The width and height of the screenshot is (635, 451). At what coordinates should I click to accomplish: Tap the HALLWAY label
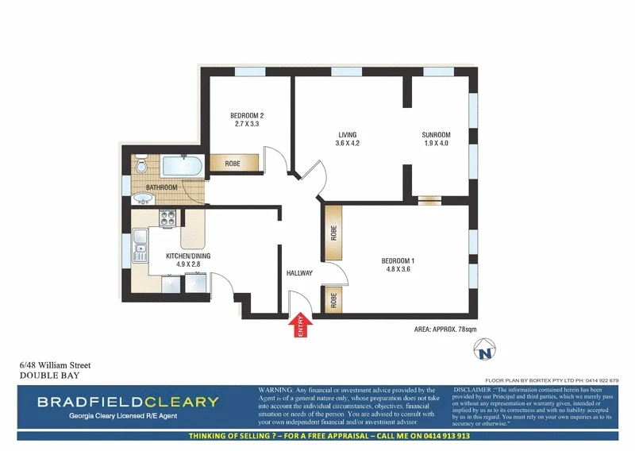coord(299,273)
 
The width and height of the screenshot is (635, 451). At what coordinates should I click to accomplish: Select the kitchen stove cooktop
coord(170,219)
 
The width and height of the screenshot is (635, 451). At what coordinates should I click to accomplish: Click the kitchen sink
coord(141,245)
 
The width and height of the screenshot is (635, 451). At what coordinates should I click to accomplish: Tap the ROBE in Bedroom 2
coord(233,164)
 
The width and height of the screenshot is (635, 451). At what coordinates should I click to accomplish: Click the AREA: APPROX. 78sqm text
coord(445,328)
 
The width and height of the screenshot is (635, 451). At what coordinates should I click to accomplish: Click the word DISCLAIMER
coord(475,390)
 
